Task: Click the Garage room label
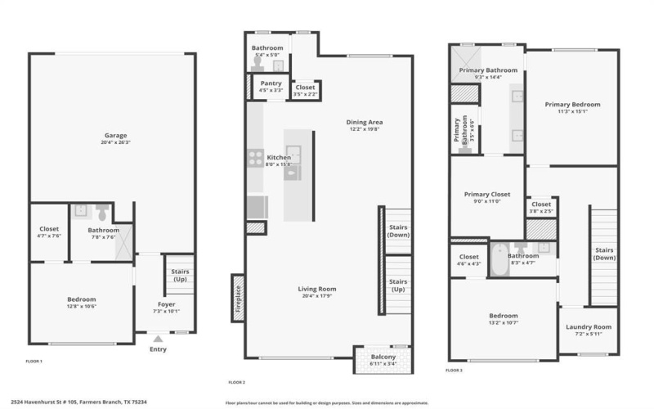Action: tap(115, 136)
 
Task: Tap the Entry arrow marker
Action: tap(158, 338)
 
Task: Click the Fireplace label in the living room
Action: tap(238, 298)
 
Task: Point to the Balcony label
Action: tap(383, 357)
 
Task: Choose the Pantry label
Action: tap(271, 83)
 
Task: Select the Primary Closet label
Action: tap(487, 195)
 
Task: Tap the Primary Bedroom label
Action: tap(573, 105)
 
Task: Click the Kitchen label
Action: tap(279, 157)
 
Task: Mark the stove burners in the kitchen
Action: tap(256, 158)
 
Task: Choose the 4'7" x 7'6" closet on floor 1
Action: tap(49, 234)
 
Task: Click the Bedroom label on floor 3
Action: tap(503, 316)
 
